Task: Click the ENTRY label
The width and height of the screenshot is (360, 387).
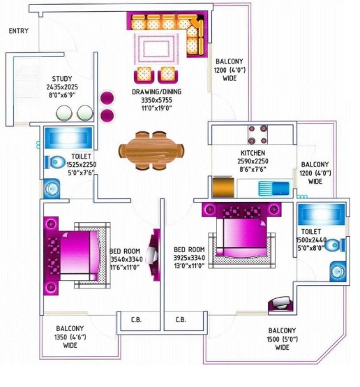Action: (19, 31)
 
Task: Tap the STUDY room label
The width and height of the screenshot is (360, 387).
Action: (62, 79)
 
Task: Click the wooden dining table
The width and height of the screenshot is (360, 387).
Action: (151, 150)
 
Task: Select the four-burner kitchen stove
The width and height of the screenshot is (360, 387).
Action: (257, 135)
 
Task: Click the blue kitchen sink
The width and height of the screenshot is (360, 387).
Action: (274, 189)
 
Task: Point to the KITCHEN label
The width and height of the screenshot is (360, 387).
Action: (253, 153)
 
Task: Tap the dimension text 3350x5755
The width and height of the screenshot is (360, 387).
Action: (156, 100)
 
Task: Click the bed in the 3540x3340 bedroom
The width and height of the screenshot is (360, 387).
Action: (77, 256)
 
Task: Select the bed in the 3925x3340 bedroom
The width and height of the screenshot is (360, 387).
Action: (241, 235)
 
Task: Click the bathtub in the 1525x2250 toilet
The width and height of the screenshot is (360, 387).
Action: (68, 138)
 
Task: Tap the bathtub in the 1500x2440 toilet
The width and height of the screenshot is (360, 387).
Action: (322, 214)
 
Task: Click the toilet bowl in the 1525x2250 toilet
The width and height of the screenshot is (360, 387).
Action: (54, 162)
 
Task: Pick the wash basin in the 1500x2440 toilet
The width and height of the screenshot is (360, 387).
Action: (338, 272)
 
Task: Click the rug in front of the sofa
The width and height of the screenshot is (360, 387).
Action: (156, 49)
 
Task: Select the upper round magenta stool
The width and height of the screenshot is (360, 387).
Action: (107, 98)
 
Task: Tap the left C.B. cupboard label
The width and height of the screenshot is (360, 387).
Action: (136, 320)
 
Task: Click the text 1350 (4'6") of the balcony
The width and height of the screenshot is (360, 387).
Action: (70, 337)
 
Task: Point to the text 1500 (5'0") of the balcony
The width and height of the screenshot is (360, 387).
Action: (282, 339)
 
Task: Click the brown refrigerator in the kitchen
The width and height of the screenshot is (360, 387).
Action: (223, 187)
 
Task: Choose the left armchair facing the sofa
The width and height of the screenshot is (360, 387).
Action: (144, 75)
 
